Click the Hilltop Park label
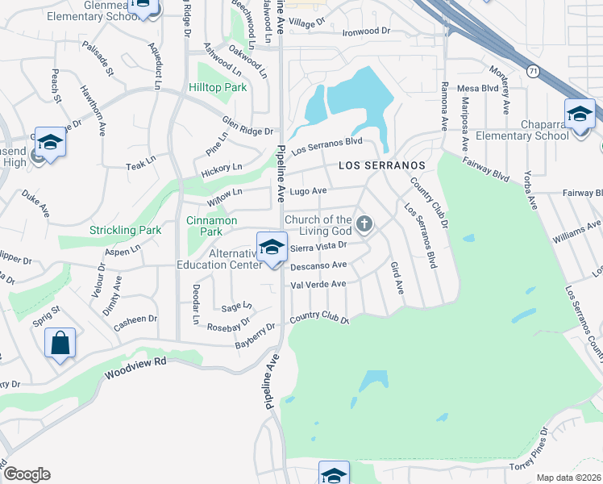pos(217,87)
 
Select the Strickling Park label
pos(125,231)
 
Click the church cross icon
pos(364,223)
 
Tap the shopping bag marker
pos(60,344)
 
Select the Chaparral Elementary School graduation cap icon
pos(579,114)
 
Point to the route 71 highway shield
pos(534,72)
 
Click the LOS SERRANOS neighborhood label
pos(381,165)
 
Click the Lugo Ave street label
pos(307,191)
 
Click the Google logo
pos(27,474)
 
